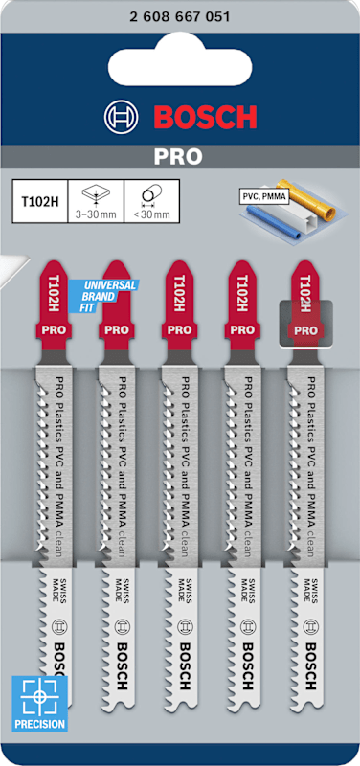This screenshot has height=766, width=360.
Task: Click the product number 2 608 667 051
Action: pyautogui.click(x=180, y=17)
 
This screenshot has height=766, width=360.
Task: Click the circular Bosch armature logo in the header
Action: pyautogui.click(x=123, y=117)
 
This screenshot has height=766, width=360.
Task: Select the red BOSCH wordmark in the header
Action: pyautogui.click(x=206, y=117)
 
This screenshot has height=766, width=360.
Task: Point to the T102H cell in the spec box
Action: pyautogui.click(x=39, y=201)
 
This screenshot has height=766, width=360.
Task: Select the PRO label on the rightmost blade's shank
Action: pyautogui.click(x=305, y=330)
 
